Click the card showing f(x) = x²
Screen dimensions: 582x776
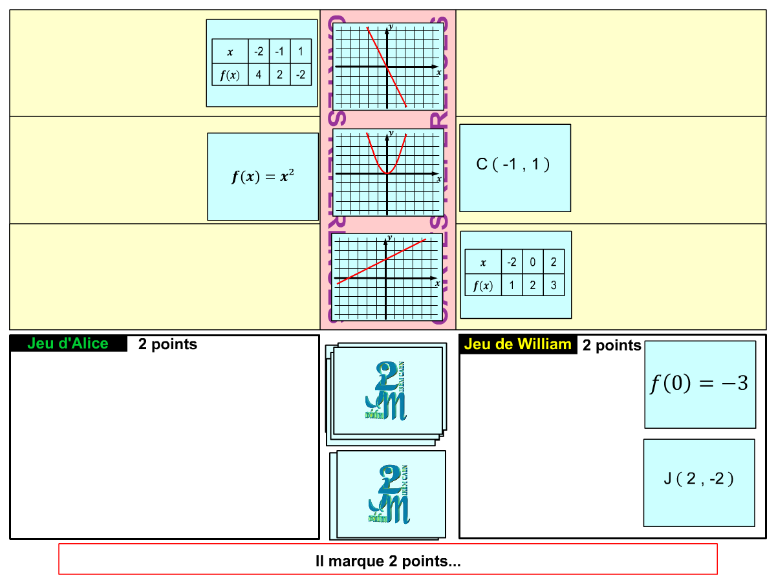click(x=263, y=177)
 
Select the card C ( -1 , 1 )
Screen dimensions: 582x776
click(x=515, y=167)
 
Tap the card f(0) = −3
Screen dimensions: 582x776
click(x=700, y=384)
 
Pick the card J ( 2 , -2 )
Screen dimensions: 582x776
click(x=699, y=482)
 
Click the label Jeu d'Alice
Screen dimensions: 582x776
click(x=68, y=343)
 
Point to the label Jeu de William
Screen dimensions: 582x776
click(x=517, y=344)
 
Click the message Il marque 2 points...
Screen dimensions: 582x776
click(x=388, y=559)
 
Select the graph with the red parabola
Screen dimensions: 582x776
click(x=388, y=172)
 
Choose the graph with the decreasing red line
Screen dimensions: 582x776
click(x=388, y=66)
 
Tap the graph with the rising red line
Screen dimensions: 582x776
click(x=387, y=277)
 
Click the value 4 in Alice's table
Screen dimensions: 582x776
click(x=259, y=75)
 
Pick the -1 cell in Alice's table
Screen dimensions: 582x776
click(x=279, y=51)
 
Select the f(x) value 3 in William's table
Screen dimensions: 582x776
click(x=554, y=285)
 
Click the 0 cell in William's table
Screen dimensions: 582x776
click(x=532, y=262)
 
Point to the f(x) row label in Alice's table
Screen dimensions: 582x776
click(x=230, y=75)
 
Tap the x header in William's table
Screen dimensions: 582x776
click(x=483, y=262)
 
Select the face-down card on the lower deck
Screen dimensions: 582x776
click(x=390, y=494)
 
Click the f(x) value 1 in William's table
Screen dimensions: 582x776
click(x=512, y=285)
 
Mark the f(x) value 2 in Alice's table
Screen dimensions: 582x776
click(x=279, y=75)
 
